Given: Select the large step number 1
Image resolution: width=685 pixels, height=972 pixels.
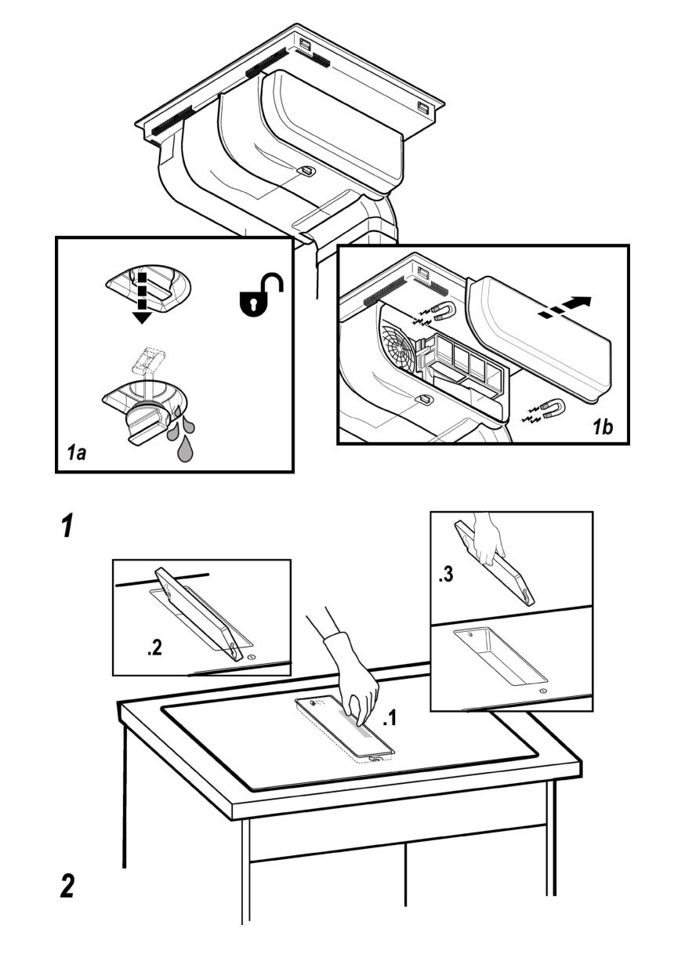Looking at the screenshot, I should [69, 526].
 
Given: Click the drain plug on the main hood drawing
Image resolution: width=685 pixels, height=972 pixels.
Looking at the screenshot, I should [307, 170].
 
